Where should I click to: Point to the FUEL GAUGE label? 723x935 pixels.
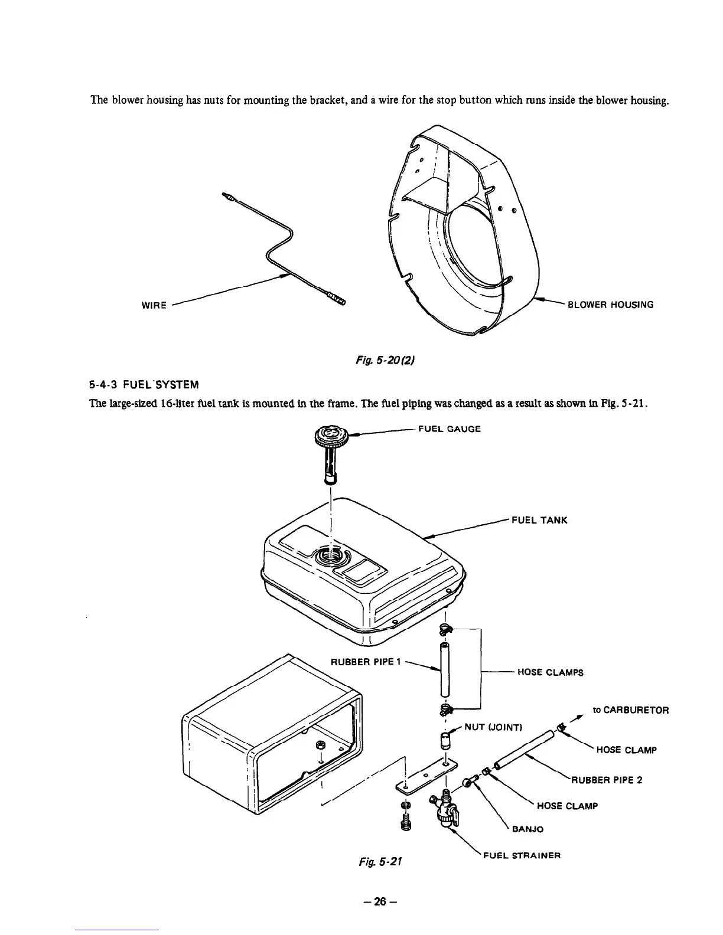449,429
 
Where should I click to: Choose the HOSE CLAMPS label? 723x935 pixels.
550,672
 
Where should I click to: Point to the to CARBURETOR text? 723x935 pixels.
630,711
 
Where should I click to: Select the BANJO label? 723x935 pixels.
527,829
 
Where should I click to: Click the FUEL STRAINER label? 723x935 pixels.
521,855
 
